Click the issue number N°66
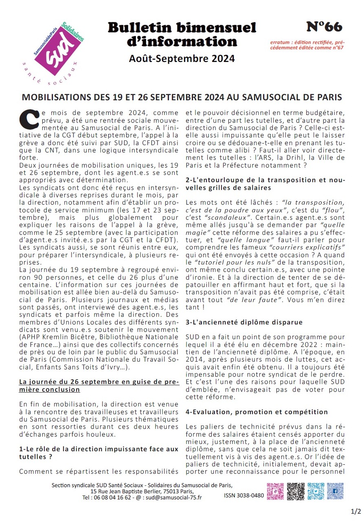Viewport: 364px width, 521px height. click(324, 27)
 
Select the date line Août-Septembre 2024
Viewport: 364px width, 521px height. click(182, 59)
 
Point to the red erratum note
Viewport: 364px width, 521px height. click(307, 44)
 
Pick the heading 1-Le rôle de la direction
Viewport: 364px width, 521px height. click(99, 453)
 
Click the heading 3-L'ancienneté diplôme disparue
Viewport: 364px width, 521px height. click(244, 322)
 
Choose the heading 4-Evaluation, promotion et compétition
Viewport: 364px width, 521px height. click(257, 412)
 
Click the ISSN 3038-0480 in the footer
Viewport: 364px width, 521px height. click(243, 496)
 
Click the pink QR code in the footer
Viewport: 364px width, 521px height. click(275, 491)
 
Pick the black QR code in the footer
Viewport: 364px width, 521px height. click(295, 491)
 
